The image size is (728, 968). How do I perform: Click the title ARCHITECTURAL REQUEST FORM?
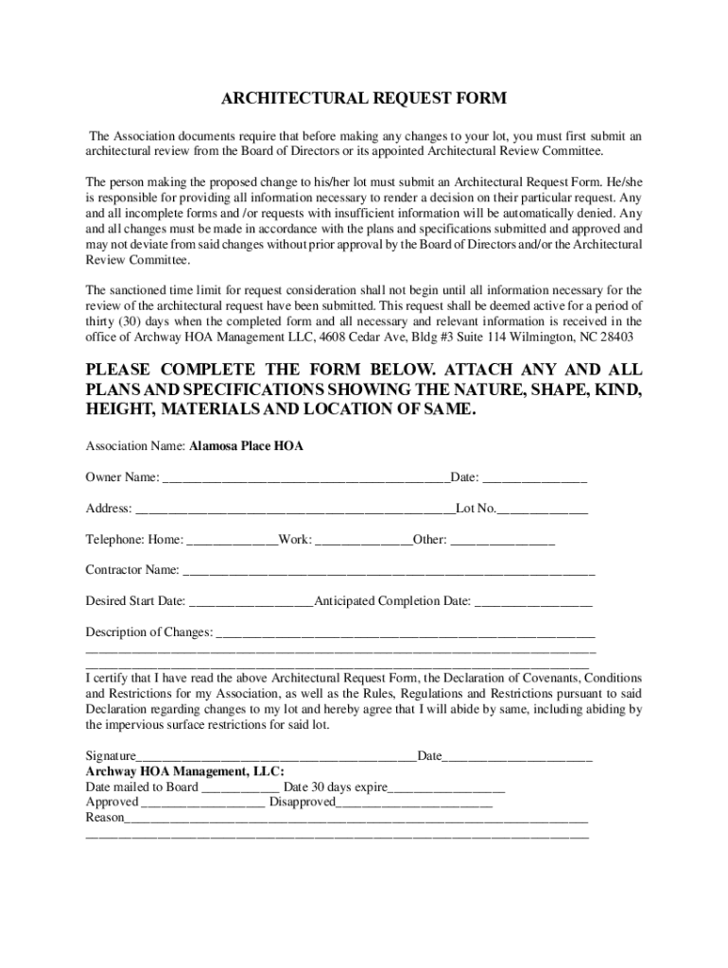click(364, 98)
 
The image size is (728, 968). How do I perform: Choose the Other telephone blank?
click(502, 541)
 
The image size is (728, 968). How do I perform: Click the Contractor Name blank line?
click(388, 571)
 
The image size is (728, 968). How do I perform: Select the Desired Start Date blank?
click(251, 602)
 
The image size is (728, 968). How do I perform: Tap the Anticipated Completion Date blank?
click(532, 602)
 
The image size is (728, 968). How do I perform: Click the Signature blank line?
click(276, 757)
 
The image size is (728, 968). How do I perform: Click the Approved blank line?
click(202, 803)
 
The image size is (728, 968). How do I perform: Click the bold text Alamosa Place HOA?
click(246, 446)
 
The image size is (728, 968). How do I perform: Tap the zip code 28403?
click(616, 337)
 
